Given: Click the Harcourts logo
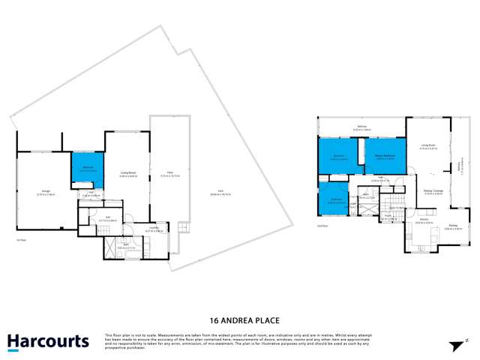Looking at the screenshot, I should (49, 341).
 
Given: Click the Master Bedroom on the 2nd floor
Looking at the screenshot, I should (385, 157).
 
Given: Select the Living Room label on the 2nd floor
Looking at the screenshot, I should (428, 147).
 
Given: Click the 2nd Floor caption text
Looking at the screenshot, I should (323, 223).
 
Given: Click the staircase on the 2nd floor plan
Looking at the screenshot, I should (391, 202).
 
